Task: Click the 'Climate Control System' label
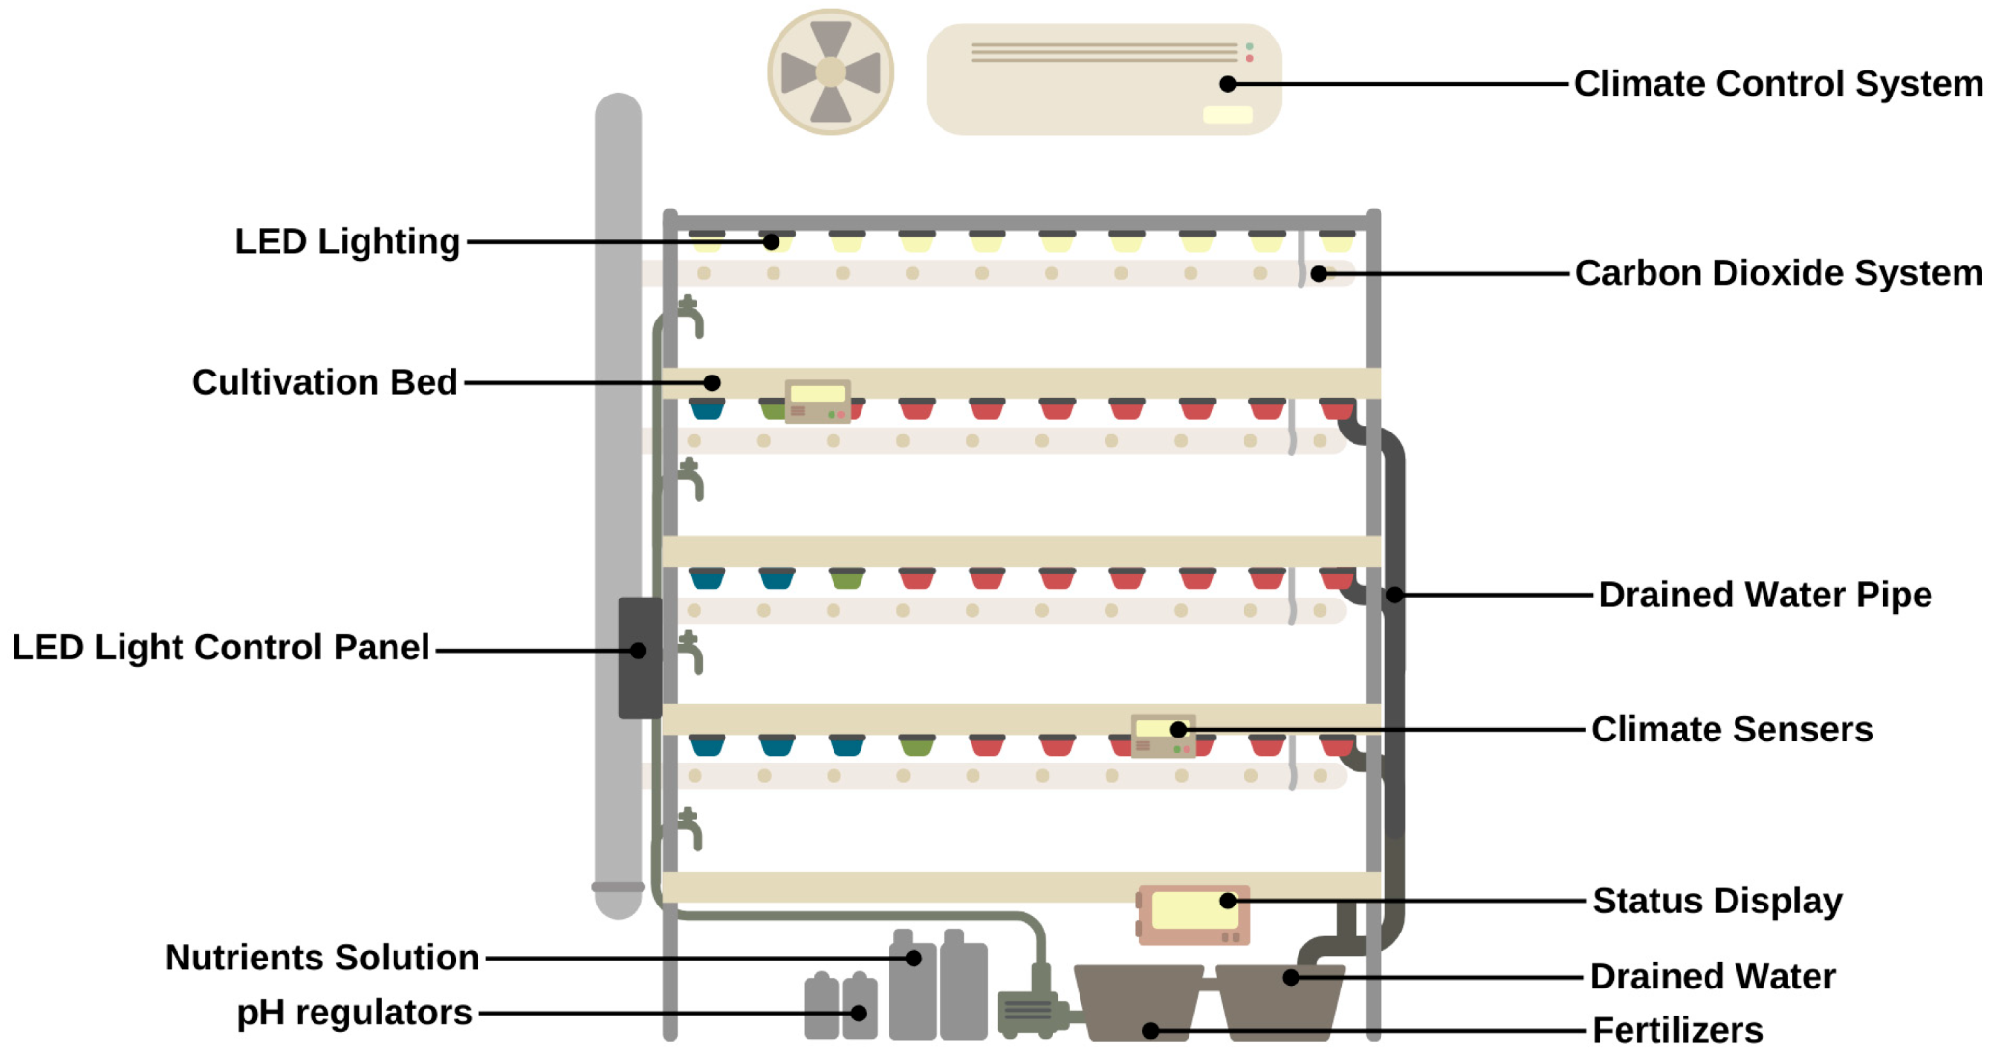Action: (1778, 84)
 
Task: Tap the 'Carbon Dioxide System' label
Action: (1778, 273)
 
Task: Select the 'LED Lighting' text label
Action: (347, 241)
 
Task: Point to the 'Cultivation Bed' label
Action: (324, 382)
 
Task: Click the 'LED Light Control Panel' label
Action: (221, 648)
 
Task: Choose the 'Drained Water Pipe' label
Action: (1764, 595)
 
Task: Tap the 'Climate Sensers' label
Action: (1732, 729)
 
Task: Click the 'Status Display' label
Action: (1716, 901)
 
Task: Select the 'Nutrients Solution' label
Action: (322, 958)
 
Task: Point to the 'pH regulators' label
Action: (354, 1013)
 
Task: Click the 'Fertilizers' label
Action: (1677, 1030)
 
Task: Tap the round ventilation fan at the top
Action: (831, 72)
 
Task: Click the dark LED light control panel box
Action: (640, 658)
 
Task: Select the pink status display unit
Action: (1193, 914)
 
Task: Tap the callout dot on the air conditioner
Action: (1228, 84)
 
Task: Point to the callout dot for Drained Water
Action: (1291, 977)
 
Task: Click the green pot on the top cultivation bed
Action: (773, 409)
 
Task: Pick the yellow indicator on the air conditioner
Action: (1227, 115)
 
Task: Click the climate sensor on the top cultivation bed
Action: (817, 402)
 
